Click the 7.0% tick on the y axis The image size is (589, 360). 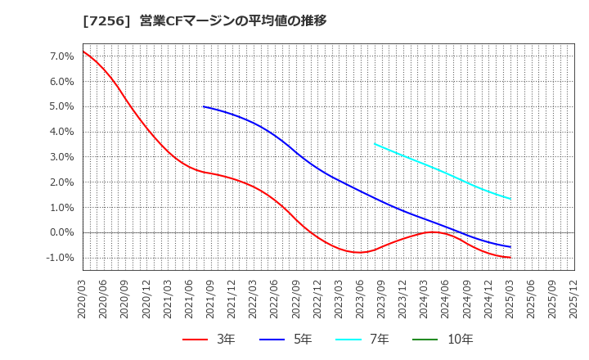point(62,56)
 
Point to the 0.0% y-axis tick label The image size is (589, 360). point(62,232)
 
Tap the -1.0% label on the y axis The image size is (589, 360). point(61,258)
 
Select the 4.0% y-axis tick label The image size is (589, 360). point(62,132)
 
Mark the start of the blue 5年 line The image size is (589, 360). point(204,106)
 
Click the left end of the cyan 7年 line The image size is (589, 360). point(375,144)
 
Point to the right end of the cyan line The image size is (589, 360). point(510,199)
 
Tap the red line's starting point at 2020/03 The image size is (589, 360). point(83,52)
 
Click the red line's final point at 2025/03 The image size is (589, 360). point(510,258)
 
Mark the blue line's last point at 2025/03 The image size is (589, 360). point(510,247)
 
